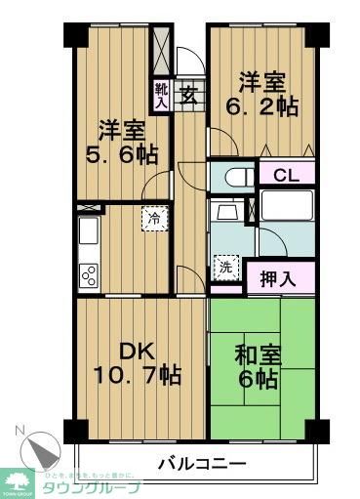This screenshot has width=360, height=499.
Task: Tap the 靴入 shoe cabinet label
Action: [x=161, y=95]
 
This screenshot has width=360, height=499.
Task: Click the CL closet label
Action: [x=285, y=176]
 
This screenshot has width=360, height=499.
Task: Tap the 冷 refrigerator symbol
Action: [x=154, y=218]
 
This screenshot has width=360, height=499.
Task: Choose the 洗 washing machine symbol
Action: [x=224, y=264]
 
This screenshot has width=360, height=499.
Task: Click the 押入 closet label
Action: [x=280, y=279]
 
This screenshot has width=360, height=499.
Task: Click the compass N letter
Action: [x=19, y=431]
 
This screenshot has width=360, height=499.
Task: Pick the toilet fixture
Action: [x=233, y=178]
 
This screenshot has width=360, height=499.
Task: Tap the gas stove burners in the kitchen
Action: [x=89, y=273]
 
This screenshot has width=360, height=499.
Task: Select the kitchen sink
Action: [x=88, y=234]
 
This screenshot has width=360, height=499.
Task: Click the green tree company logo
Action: [x=19, y=479]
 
